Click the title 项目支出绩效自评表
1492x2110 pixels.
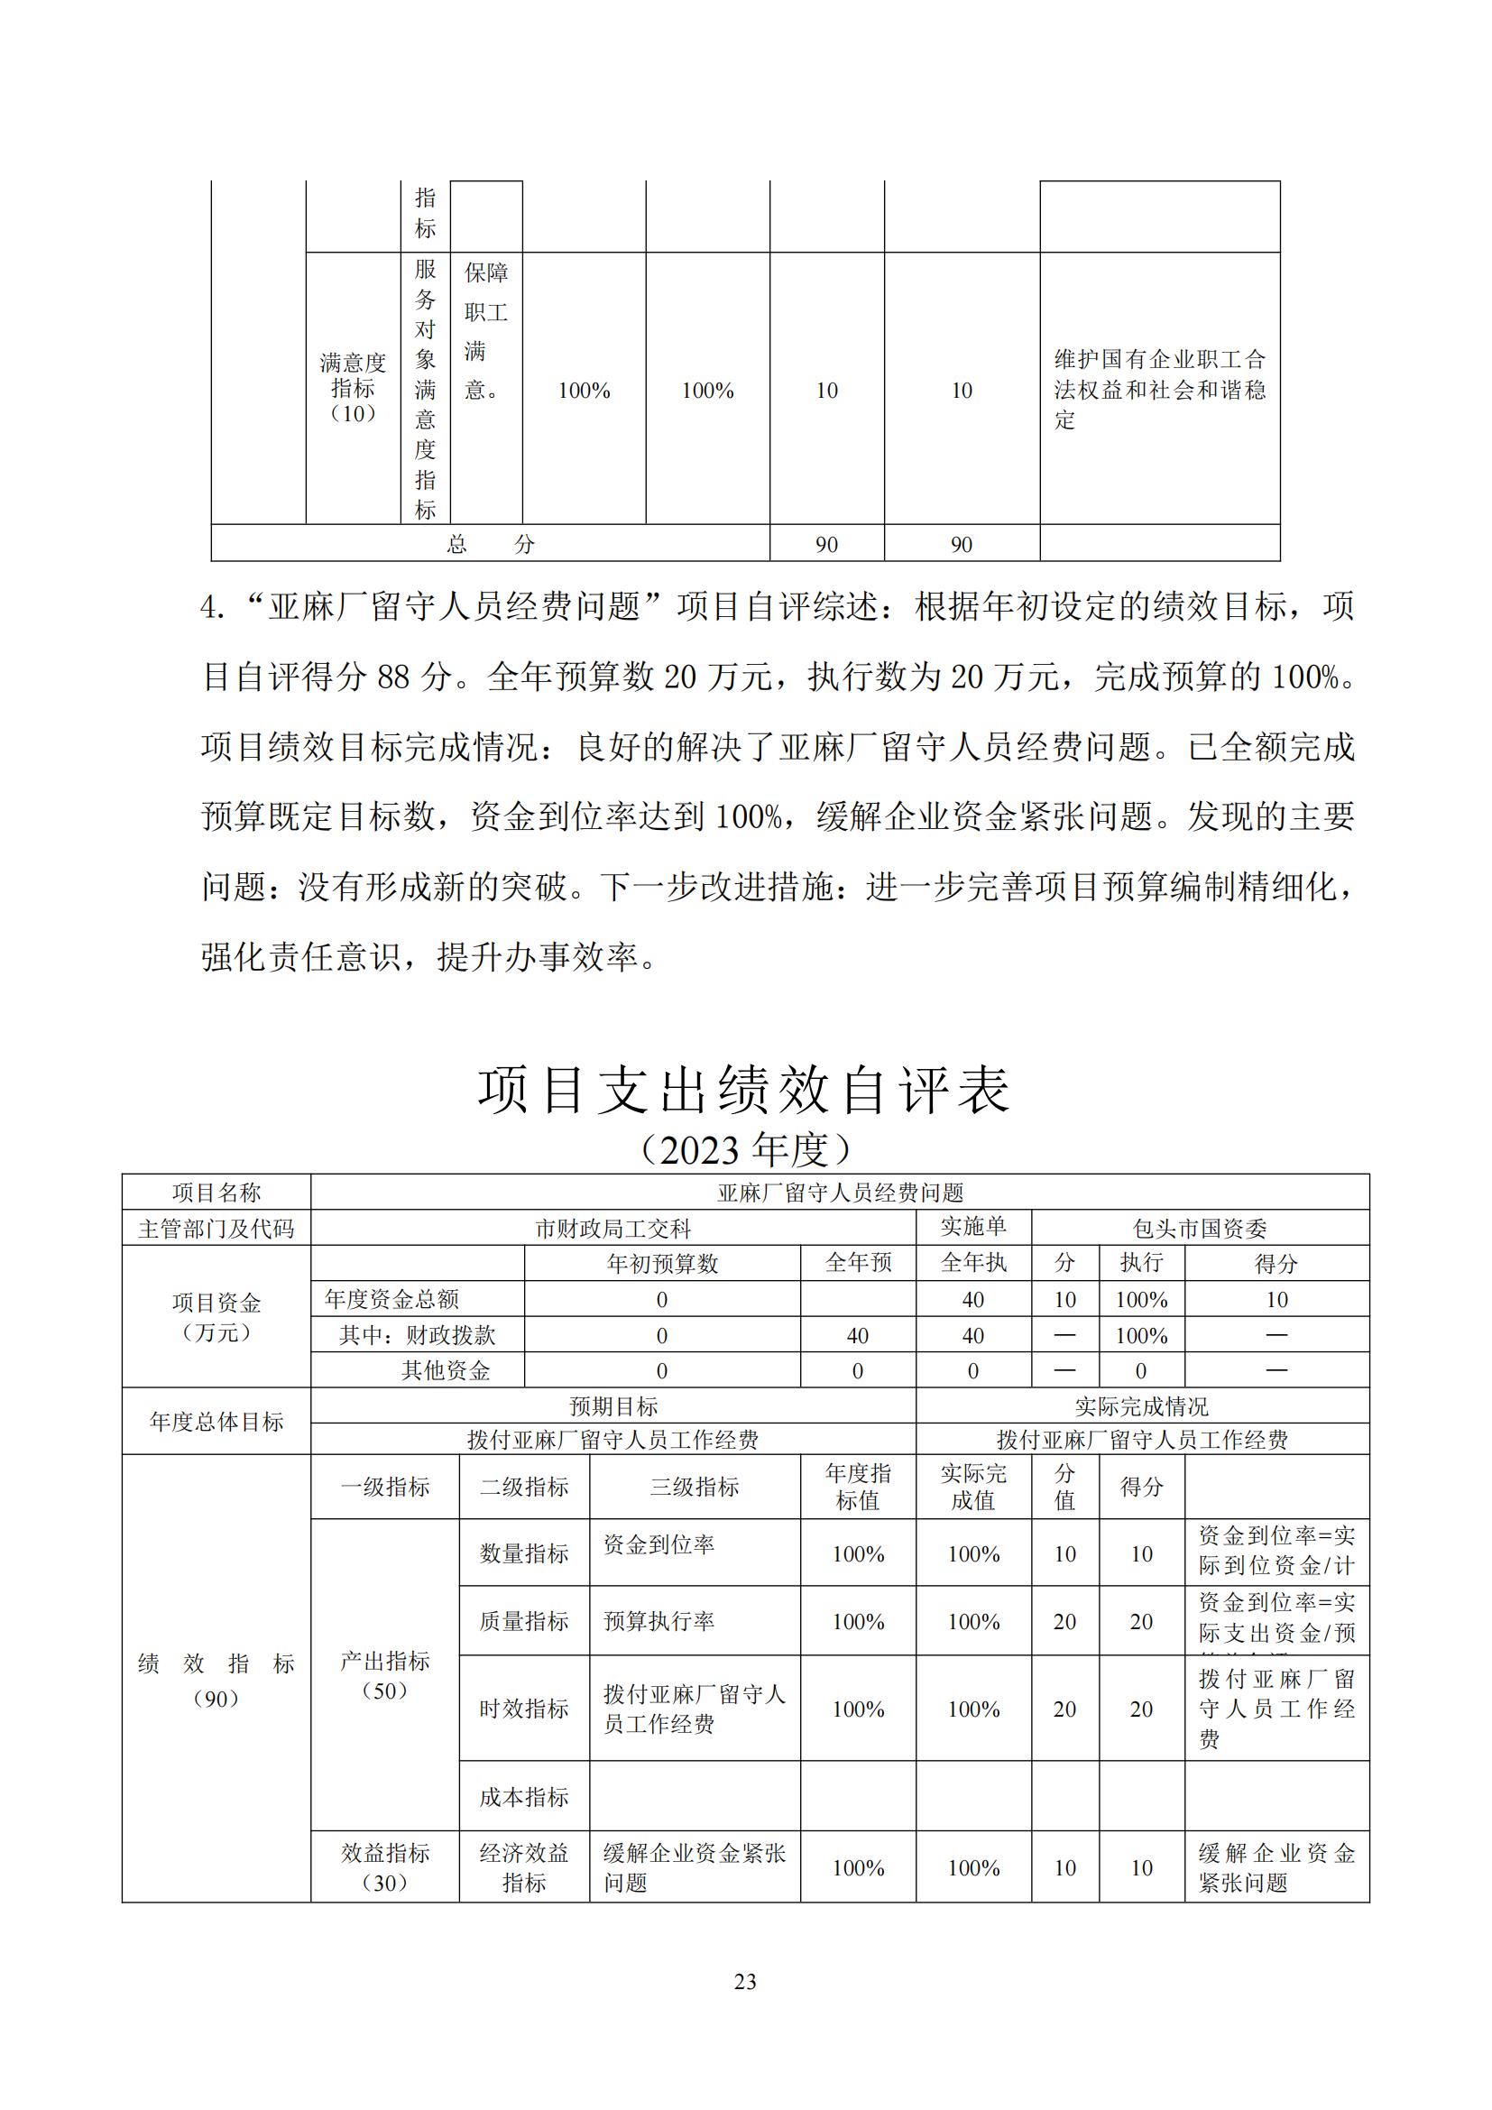click(744, 1091)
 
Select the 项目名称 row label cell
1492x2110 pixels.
click(216, 1193)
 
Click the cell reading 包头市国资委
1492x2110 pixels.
click(1200, 1229)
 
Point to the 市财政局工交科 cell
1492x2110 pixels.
click(612, 1229)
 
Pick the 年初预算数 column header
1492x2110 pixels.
click(661, 1264)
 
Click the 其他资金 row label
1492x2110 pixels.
click(446, 1371)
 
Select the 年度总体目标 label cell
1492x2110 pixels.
click(216, 1422)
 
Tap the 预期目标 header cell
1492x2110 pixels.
click(612, 1407)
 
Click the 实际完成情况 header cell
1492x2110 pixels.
click(1142, 1407)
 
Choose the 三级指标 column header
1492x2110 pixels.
click(695, 1487)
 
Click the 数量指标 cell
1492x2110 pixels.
click(524, 1554)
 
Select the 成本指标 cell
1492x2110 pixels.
click(524, 1797)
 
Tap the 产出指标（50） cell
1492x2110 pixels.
click(385, 1675)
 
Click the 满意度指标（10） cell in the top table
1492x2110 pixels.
click(354, 389)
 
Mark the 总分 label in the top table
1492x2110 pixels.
click(490, 544)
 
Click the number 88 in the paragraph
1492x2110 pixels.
click(393, 677)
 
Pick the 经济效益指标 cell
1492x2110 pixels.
click(524, 1867)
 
